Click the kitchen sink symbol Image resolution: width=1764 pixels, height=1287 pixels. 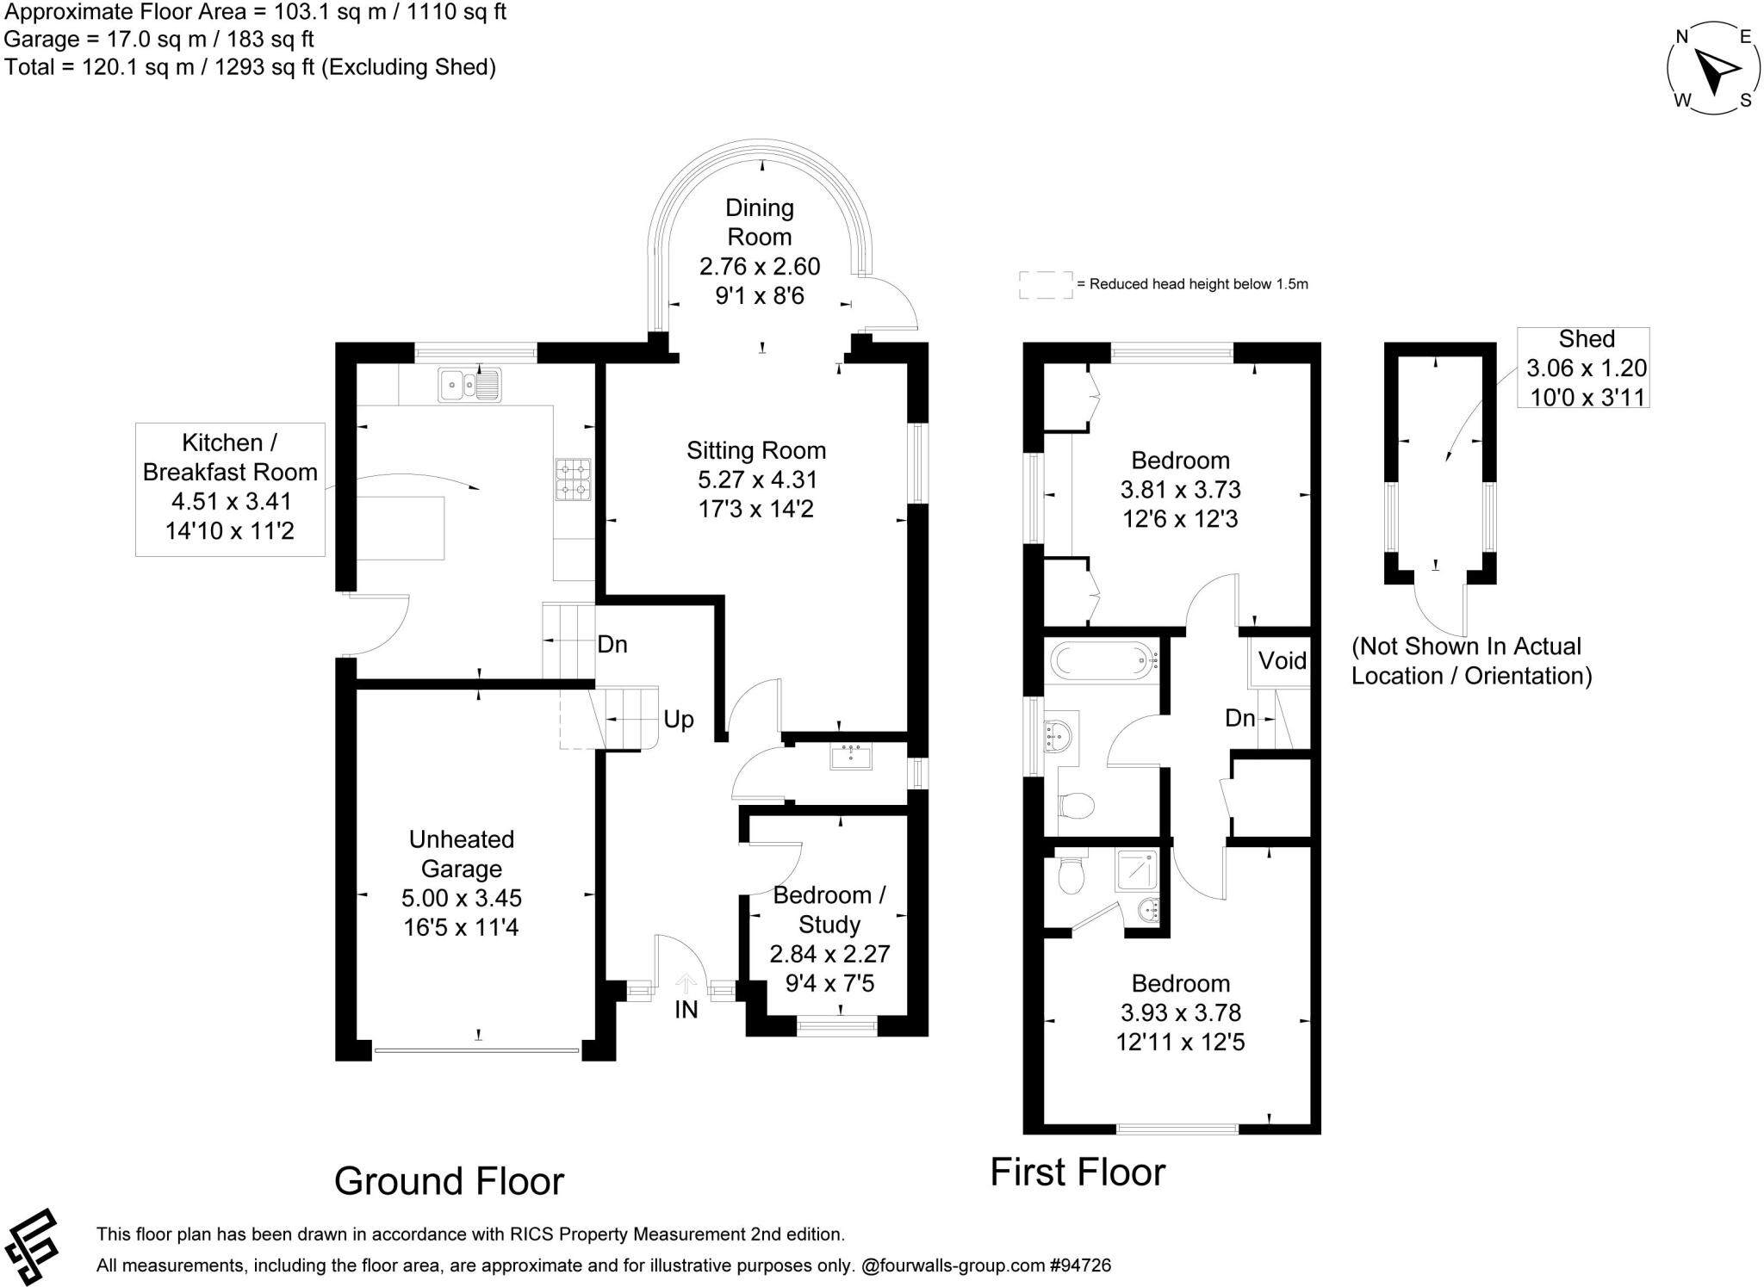(469, 385)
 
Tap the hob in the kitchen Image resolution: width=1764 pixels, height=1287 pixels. (574, 480)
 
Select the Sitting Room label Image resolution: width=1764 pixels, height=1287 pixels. (755, 450)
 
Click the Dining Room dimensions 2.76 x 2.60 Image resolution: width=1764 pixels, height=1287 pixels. (759, 267)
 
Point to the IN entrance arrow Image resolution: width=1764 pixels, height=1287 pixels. (686, 984)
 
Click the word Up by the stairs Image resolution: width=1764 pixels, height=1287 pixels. (678, 720)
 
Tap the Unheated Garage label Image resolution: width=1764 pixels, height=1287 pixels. (461, 853)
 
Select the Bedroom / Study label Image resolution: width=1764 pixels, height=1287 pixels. (829, 910)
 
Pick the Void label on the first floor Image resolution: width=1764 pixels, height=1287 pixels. (1282, 660)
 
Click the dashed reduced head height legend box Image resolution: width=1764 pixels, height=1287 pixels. (1046, 285)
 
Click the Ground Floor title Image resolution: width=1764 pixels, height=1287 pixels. (449, 1181)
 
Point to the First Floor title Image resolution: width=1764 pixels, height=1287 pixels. (1077, 1173)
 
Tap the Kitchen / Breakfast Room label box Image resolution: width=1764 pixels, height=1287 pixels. (230, 487)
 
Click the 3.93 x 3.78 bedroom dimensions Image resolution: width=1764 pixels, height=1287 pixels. (1180, 1012)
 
